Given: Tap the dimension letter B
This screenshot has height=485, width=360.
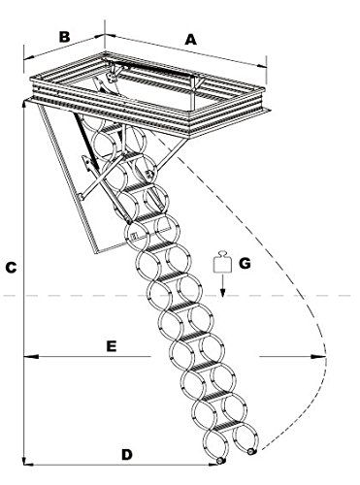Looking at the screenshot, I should (x=64, y=38).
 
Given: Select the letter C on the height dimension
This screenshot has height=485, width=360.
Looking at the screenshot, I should (x=9, y=266).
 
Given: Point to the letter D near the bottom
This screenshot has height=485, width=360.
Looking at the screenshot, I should (x=128, y=454).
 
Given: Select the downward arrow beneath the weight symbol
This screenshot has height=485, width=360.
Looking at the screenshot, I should (x=220, y=287).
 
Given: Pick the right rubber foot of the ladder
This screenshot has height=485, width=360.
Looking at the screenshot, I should (x=252, y=451).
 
